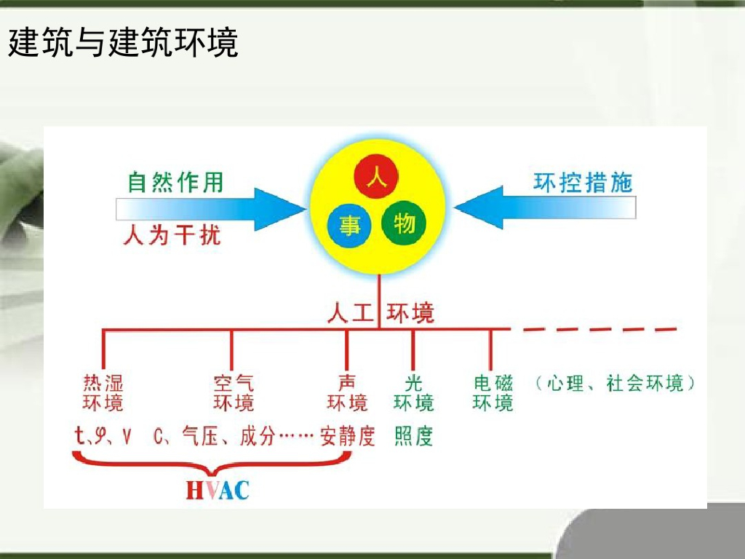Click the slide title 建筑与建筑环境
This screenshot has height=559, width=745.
pyautogui.click(x=123, y=44)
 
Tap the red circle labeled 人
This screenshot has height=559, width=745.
pyautogui.click(x=376, y=177)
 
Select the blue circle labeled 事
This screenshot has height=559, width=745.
pyautogui.click(x=350, y=226)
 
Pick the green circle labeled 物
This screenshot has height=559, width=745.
pyautogui.click(x=404, y=222)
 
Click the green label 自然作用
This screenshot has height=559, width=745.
pyautogui.click(x=175, y=182)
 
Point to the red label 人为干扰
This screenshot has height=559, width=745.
pyautogui.click(x=172, y=235)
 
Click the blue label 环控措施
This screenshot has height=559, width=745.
pyautogui.click(x=583, y=182)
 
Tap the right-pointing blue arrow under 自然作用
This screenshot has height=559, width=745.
pyautogui.click(x=211, y=209)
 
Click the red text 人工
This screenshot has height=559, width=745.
pyautogui.click(x=351, y=313)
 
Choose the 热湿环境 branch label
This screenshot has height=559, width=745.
pyautogui.click(x=103, y=393)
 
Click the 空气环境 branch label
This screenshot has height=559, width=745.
pyautogui.click(x=234, y=393)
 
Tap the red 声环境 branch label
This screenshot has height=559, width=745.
pyautogui.click(x=347, y=393)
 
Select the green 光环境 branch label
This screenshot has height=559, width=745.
pyautogui.click(x=413, y=393)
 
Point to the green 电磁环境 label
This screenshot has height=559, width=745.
pyautogui.click(x=493, y=393)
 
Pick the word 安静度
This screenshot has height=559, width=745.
pyautogui.click(x=348, y=436)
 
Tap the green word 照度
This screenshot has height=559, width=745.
pyautogui.click(x=413, y=436)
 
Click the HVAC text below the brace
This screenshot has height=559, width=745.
pyautogui.click(x=217, y=490)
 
